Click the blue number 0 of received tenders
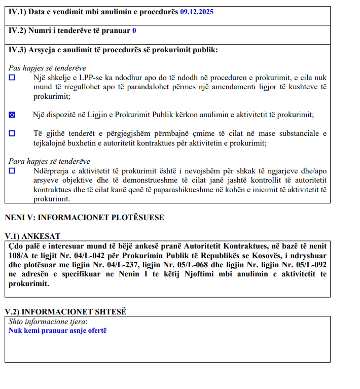click(x=134, y=30)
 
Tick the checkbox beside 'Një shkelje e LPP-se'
click(x=12, y=78)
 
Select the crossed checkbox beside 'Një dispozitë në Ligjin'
click(x=12, y=115)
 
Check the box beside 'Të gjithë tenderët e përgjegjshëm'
click(x=12, y=133)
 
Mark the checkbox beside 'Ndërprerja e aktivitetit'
click(x=12, y=171)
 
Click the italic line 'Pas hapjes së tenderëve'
click(x=47, y=68)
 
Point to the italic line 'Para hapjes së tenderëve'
click(x=49, y=161)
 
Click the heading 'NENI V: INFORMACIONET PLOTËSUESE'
click(x=84, y=218)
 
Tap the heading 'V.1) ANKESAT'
click(x=32, y=236)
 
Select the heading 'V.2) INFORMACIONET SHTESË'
click(x=65, y=311)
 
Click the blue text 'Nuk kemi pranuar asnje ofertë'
click(x=58, y=330)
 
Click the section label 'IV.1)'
click(x=17, y=11)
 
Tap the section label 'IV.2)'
click(x=17, y=30)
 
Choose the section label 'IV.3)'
click(x=17, y=50)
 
